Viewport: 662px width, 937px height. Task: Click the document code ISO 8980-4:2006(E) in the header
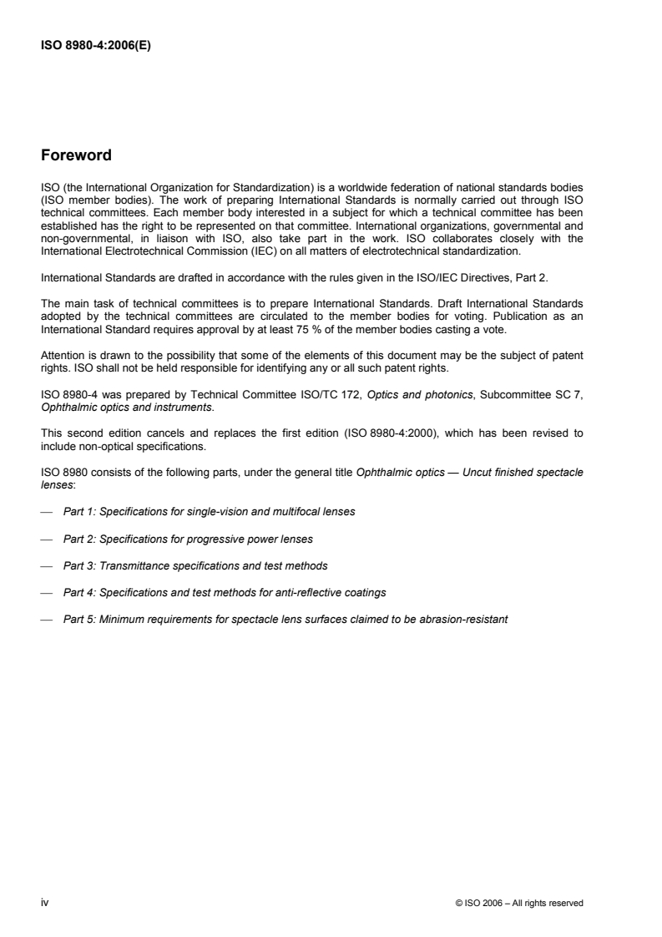94,47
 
